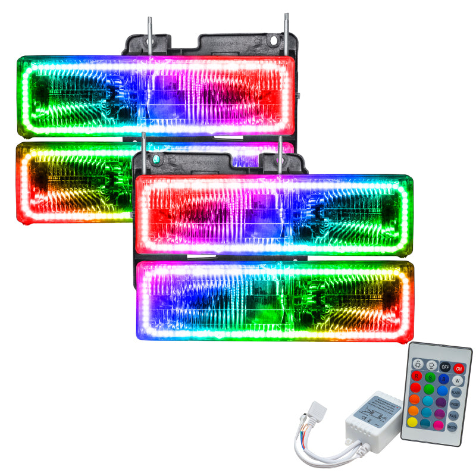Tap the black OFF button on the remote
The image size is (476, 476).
tap(445, 367)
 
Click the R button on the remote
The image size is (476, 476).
tap(416, 375)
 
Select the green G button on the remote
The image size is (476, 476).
tap(430, 377)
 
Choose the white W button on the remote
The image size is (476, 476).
tap(458, 381)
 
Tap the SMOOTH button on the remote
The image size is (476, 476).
tap(452, 427)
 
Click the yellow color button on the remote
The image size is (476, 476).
tap(412, 422)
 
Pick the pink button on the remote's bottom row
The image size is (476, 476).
tap(438, 425)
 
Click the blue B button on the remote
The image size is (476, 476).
tap(444, 379)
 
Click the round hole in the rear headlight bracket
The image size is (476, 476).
tap(274, 40)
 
